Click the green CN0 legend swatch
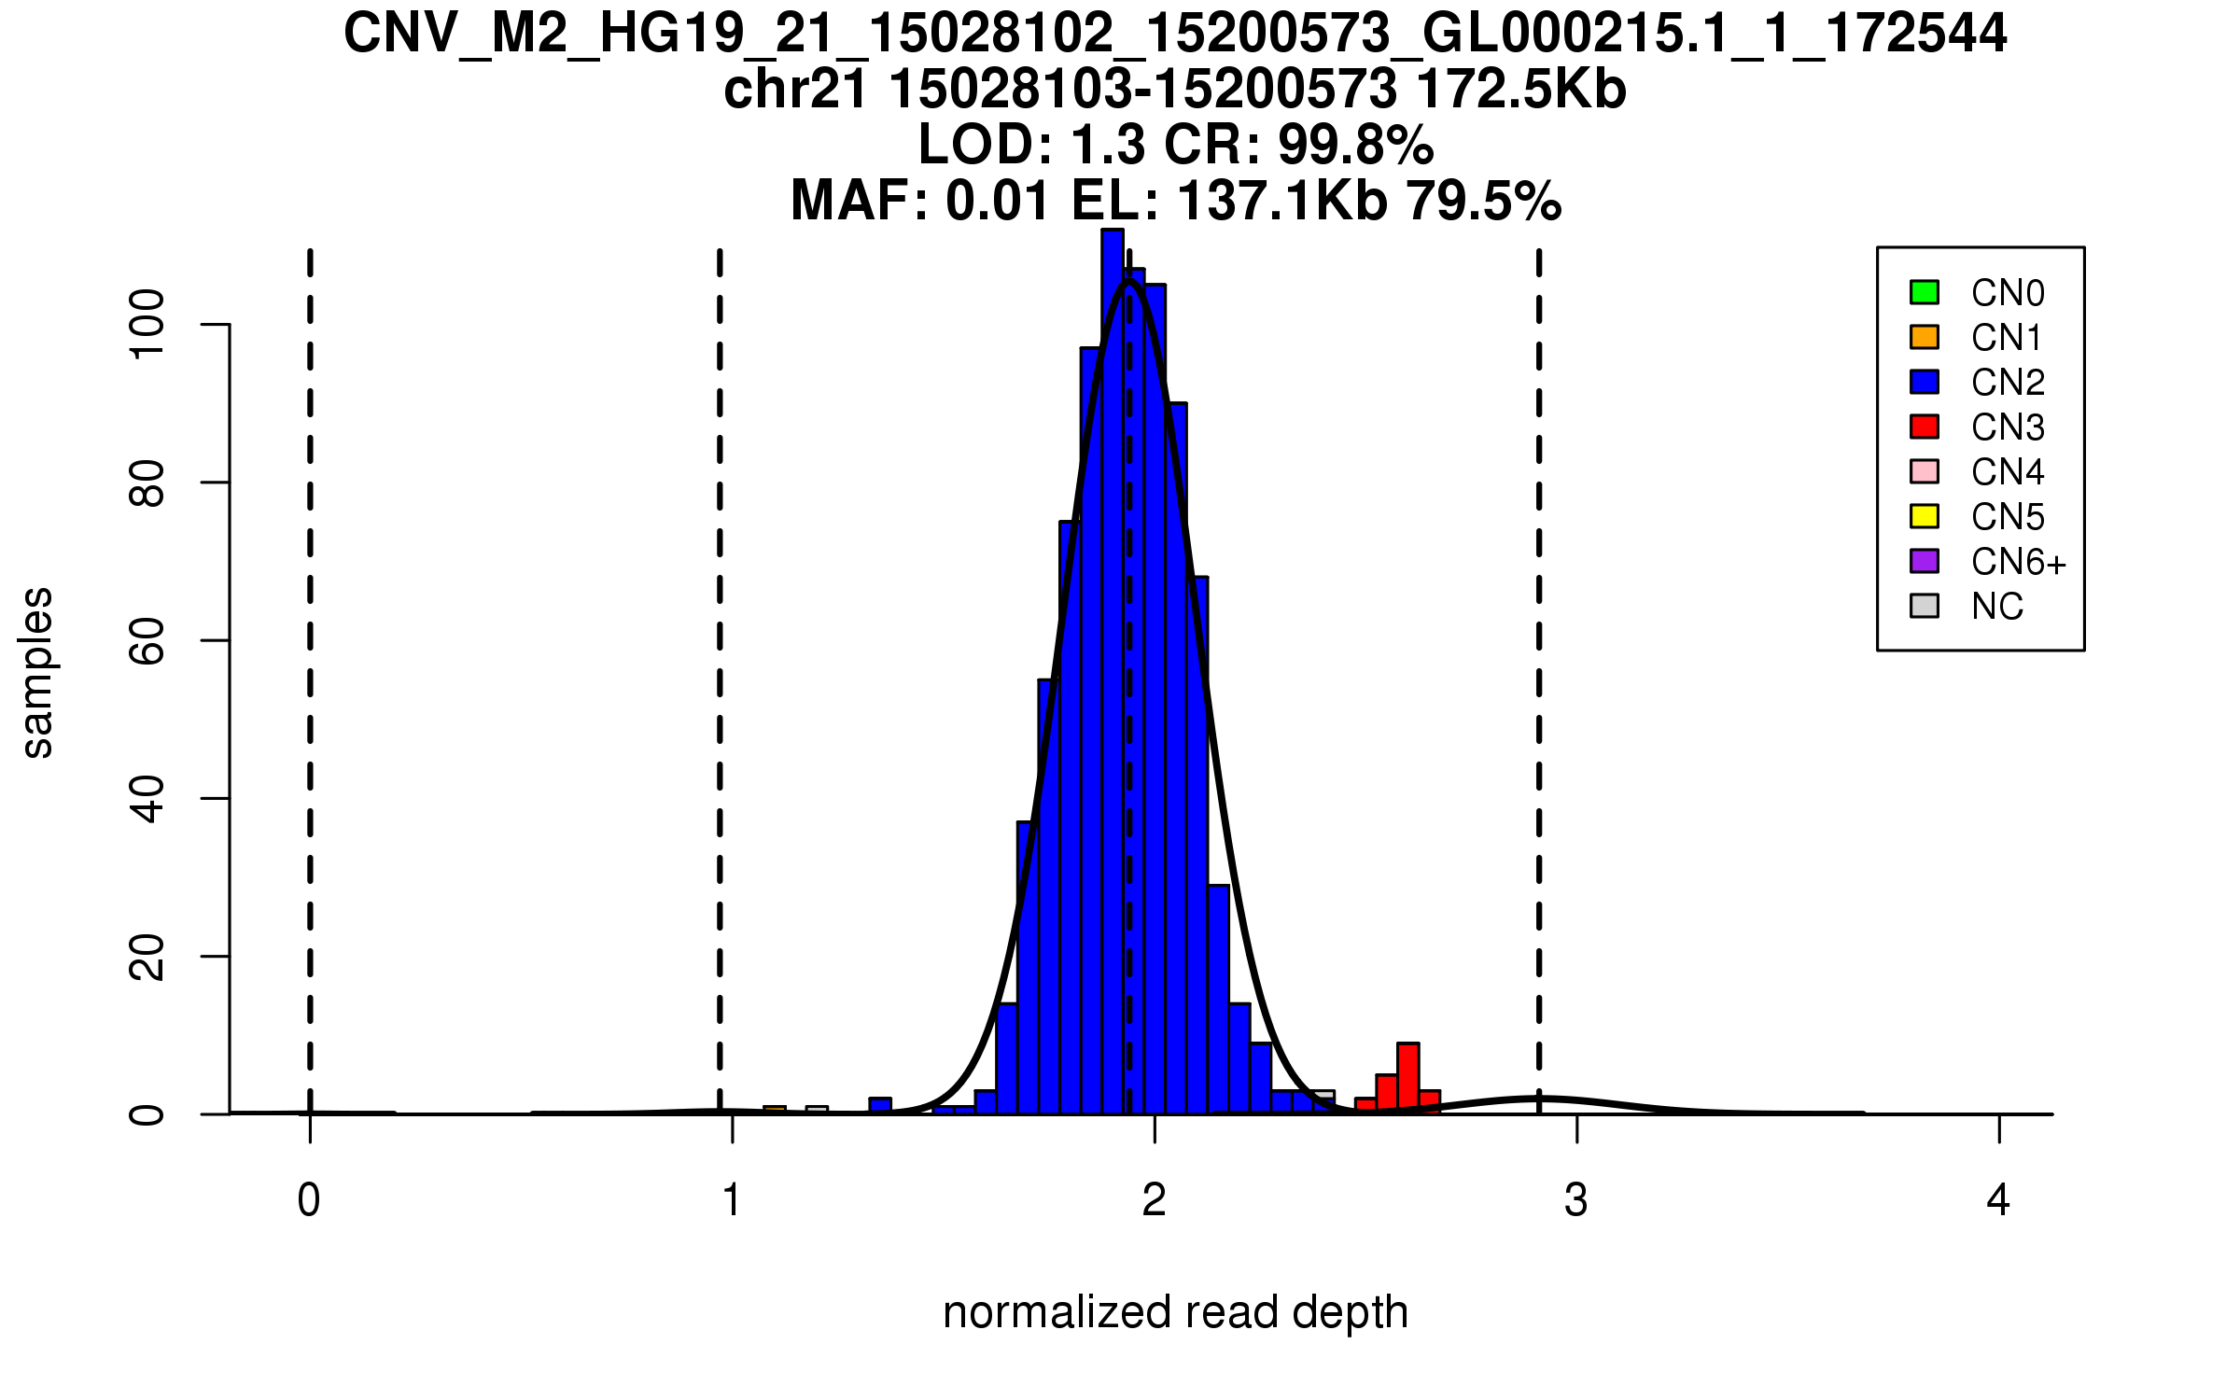click(x=1925, y=292)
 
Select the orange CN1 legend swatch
click(x=1925, y=337)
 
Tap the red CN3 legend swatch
click(x=1925, y=427)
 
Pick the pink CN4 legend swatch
click(x=1925, y=471)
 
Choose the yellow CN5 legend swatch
click(x=1925, y=516)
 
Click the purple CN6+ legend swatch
click(x=1925, y=561)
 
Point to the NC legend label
click(x=1996, y=607)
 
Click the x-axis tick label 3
click(x=1576, y=1200)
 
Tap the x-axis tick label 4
click(x=1998, y=1200)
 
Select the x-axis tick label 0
click(x=309, y=1200)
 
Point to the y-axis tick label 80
click(x=147, y=483)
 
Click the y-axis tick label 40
click(x=147, y=799)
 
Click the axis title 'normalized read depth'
click(x=1175, y=1312)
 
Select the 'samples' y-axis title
click(x=37, y=672)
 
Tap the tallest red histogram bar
click(x=1408, y=1078)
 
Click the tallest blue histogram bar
click(x=1112, y=672)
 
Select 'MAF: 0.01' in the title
click(x=919, y=201)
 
